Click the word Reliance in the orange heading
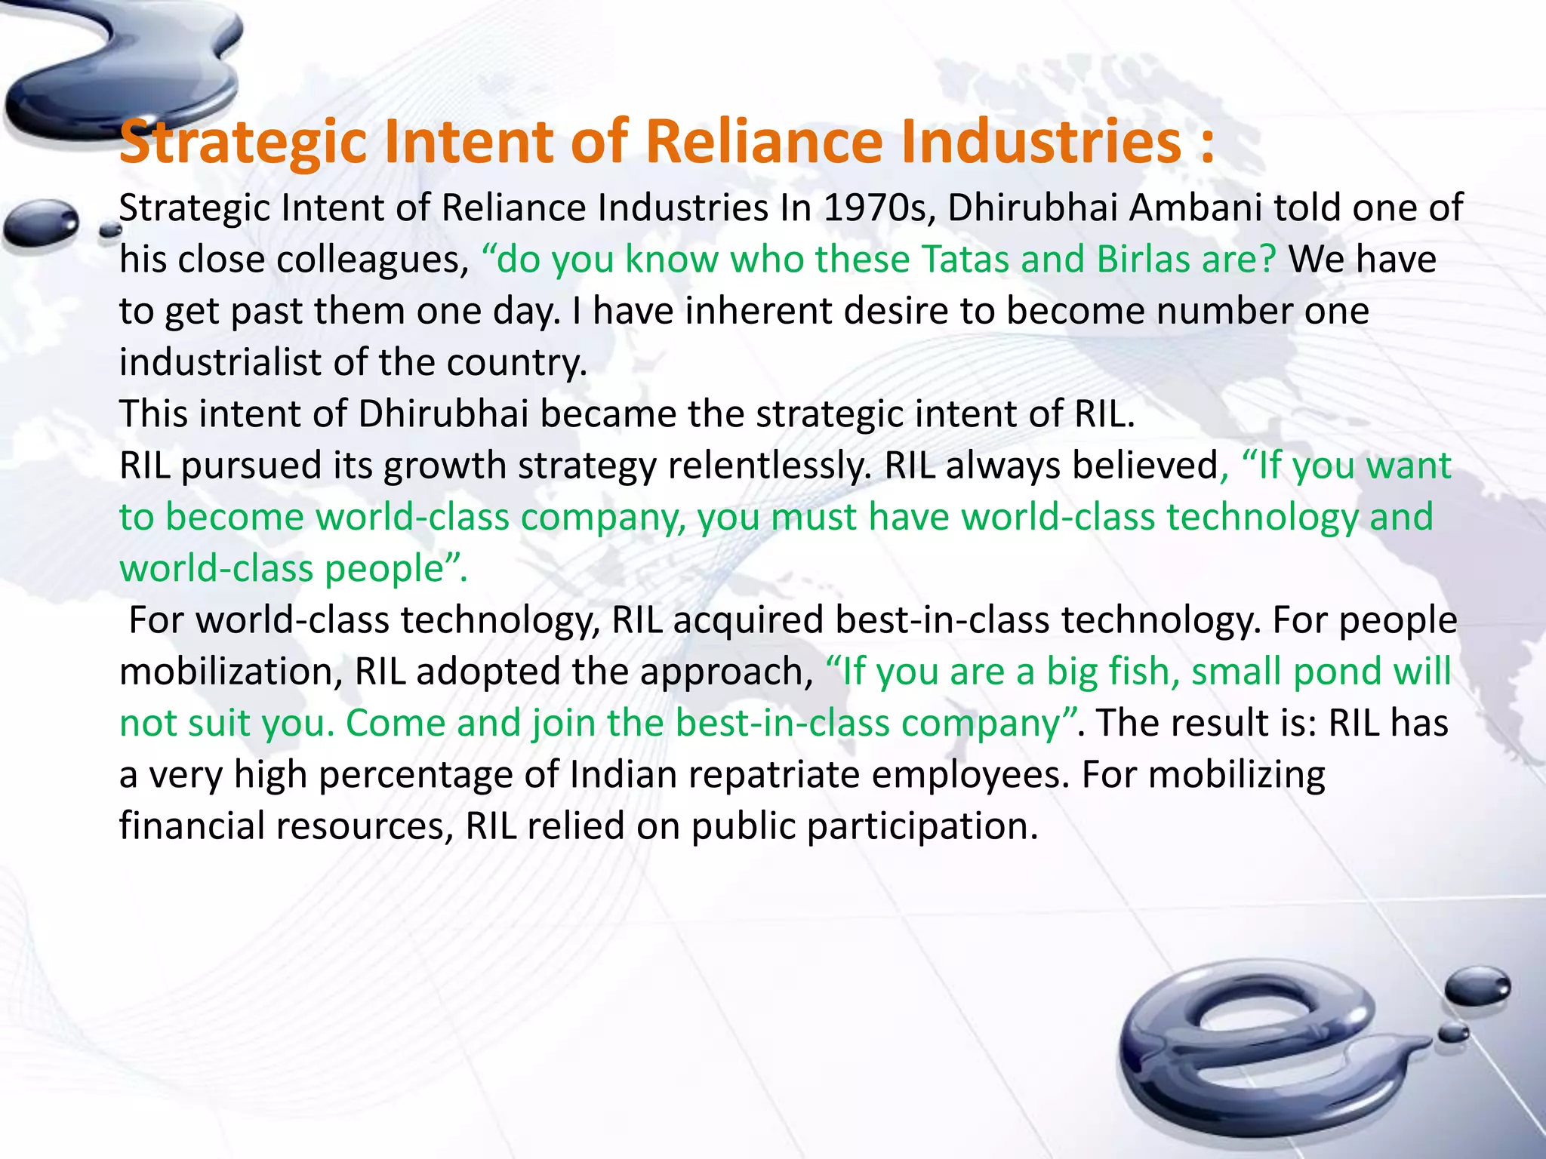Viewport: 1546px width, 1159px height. [764, 141]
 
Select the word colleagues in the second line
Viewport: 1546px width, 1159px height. [370, 260]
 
